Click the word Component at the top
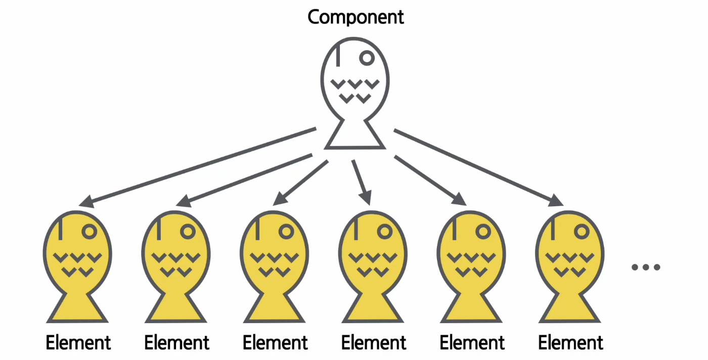(356, 17)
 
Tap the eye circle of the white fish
(367, 58)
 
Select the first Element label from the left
(78, 342)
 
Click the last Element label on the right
(570, 342)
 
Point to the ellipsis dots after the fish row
(646, 267)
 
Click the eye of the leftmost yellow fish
(90, 232)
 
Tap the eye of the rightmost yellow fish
(582, 232)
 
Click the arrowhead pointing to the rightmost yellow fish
(556, 201)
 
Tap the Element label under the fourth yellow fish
(374, 342)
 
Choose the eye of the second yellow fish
(188, 232)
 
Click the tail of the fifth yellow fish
(471, 308)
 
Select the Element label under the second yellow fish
(176, 342)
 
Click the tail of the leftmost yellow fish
(77, 308)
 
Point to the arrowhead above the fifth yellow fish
(459, 199)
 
